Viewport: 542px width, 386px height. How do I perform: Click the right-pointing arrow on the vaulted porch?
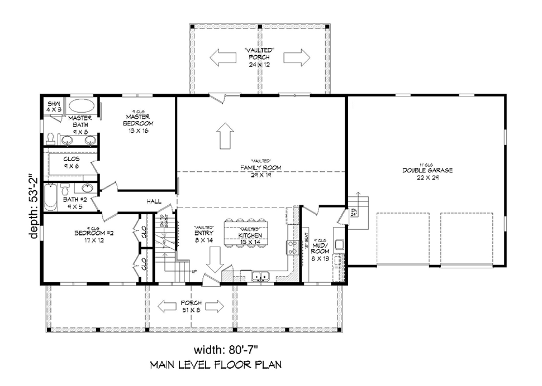296,57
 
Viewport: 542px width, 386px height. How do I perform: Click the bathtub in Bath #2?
50,196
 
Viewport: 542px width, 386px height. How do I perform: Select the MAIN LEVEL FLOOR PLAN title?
215,365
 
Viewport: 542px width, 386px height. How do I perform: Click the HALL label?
154,201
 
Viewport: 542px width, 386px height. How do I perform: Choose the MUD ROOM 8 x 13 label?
321,251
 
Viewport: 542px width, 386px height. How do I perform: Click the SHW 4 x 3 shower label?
54,107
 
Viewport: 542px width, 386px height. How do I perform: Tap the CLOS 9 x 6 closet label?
72,162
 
